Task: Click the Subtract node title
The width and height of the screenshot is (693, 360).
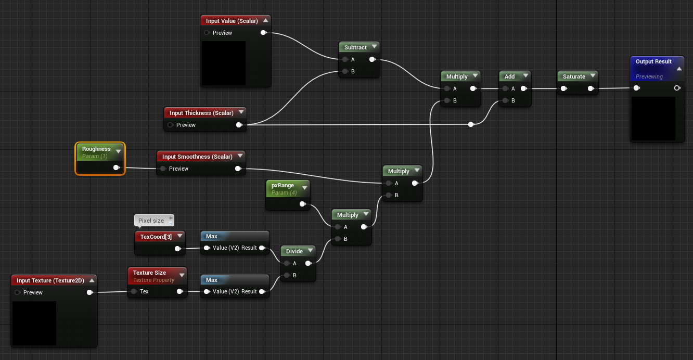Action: point(355,47)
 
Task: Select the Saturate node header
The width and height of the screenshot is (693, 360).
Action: point(577,76)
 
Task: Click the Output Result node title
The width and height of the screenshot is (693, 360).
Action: point(653,61)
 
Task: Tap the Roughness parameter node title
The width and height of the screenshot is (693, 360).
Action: point(96,149)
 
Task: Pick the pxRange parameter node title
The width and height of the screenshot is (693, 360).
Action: point(283,185)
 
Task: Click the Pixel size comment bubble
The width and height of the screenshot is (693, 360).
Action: point(154,221)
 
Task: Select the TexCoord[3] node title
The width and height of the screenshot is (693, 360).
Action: point(156,237)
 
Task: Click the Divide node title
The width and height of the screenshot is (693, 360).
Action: point(294,251)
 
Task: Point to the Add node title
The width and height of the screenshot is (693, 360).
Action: point(509,76)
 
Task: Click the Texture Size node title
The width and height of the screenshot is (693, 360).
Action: point(149,273)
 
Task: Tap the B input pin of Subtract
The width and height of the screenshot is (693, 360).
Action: point(345,71)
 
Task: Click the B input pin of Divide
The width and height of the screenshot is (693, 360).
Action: point(287,275)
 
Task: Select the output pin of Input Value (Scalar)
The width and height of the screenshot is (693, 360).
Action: point(264,32)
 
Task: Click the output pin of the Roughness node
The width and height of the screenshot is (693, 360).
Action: point(117,168)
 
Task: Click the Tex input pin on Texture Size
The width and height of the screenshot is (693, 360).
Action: point(134,291)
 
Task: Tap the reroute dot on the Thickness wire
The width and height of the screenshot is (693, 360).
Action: point(471,124)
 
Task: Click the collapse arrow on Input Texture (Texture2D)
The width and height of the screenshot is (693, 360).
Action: point(92,280)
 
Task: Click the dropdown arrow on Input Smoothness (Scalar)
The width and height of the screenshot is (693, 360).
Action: point(240,156)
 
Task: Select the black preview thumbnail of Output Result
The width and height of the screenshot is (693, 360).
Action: point(653,119)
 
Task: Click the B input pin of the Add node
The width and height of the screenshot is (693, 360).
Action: point(506,100)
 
